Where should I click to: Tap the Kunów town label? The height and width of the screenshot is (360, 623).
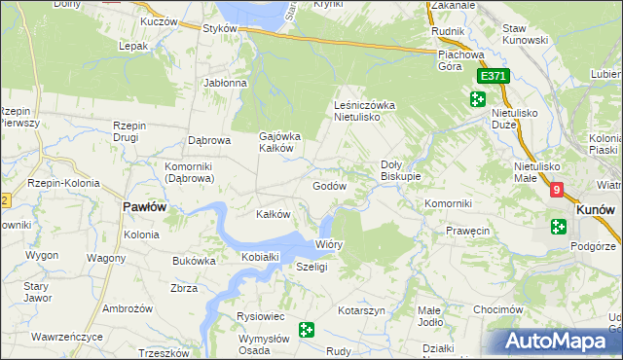(x=594, y=208)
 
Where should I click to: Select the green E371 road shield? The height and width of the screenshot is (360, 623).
(x=492, y=76)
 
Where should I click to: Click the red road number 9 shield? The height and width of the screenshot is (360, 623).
(x=556, y=191)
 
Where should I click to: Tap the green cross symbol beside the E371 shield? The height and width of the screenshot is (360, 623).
(x=477, y=98)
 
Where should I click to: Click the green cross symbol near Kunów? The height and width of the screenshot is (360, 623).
(x=559, y=227)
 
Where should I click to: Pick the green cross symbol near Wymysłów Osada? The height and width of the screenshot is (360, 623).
(x=308, y=331)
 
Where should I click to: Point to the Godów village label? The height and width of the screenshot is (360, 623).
(x=329, y=185)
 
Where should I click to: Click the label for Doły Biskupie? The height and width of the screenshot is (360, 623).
(x=400, y=170)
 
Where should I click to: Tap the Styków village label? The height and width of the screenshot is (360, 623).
(x=221, y=28)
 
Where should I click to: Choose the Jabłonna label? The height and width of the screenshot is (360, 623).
(x=226, y=83)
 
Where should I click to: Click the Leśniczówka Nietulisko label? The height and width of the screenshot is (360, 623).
(x=363, y=110)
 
